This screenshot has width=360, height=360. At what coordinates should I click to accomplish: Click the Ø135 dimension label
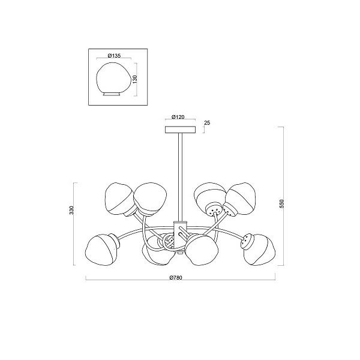114,56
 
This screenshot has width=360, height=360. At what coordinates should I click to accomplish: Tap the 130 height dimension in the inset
135,79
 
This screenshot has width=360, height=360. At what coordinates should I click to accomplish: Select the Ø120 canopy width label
178,117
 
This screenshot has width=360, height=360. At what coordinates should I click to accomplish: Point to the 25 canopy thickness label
207,123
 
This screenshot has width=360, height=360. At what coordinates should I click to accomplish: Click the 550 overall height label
282,203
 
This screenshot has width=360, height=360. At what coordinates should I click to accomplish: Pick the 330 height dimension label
71,211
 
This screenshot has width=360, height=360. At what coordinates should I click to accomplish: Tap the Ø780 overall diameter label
176,278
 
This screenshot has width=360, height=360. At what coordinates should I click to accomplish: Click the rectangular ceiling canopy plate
180,130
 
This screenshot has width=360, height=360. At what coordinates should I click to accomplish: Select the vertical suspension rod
180,177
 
